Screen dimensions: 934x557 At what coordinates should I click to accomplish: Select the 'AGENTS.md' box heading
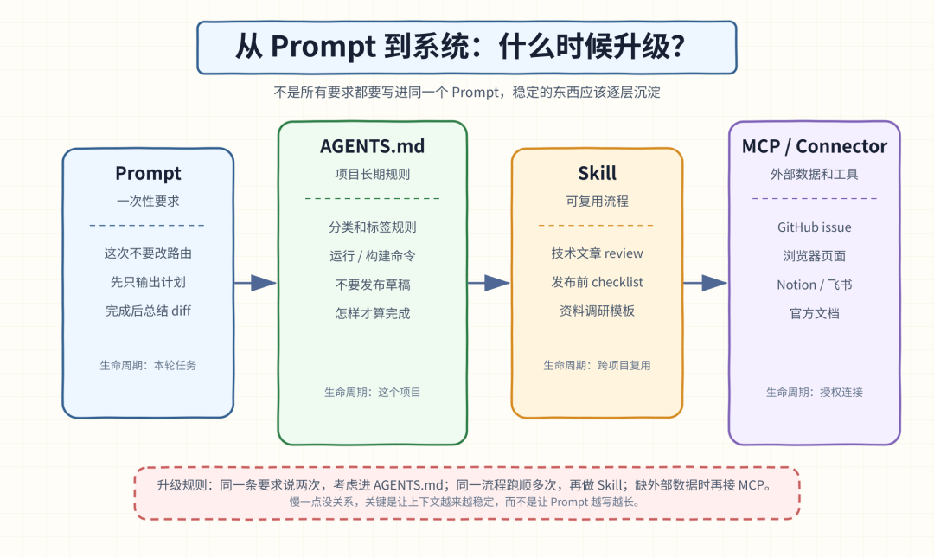(372, 146)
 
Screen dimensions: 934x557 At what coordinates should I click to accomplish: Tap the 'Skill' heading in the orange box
(597, 173)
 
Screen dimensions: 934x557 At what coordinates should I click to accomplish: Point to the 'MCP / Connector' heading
(815, 146)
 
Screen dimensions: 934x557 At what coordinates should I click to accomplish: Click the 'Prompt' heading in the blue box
(148, 173)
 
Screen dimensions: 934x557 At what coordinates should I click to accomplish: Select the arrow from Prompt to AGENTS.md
(255, 283)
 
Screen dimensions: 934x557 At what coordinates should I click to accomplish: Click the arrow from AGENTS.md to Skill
(489, 283)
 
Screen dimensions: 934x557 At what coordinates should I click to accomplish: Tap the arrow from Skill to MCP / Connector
(706, 283)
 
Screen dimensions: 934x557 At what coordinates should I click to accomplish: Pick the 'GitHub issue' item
(815, 227)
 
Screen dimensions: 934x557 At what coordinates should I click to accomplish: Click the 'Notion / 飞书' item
(815, 285)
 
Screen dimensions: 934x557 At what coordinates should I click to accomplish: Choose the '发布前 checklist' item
(597, 282)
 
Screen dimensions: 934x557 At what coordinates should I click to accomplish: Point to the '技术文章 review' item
(597, 253)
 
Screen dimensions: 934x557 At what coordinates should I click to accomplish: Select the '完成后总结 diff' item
(149, 311)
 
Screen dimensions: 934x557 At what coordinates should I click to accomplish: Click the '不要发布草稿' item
(372, 285)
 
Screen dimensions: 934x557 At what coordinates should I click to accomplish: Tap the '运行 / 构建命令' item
(372, 256)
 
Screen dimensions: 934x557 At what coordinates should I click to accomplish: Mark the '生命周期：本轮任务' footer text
(148, 365)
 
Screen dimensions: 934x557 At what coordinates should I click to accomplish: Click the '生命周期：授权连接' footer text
(815, 392)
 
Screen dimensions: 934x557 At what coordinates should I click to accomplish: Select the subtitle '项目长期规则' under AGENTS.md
(372, 174)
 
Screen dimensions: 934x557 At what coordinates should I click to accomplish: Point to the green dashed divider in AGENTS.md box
(372, 198)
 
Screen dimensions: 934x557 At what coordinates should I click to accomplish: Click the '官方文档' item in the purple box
(815, 313)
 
